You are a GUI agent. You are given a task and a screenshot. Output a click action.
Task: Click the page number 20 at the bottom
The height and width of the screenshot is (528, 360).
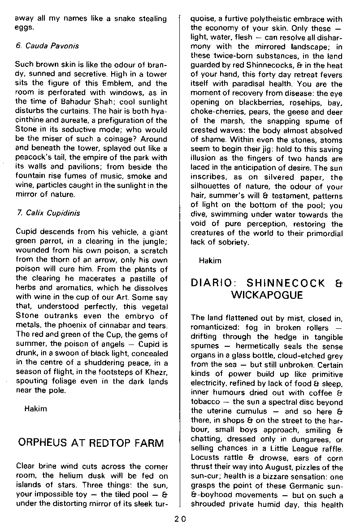(180, 519)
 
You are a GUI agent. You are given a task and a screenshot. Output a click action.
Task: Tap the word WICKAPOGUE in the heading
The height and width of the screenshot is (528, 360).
(267, 295)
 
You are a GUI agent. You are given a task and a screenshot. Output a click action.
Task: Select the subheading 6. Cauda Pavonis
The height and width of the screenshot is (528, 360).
(47, 46)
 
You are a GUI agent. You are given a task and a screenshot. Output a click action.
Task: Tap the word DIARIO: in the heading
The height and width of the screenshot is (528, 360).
(214, 283)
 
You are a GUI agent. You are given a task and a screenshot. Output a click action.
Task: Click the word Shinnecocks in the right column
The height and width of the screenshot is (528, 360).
(241, 65)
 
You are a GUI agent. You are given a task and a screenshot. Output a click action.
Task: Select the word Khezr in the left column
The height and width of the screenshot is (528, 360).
(155, 371)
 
